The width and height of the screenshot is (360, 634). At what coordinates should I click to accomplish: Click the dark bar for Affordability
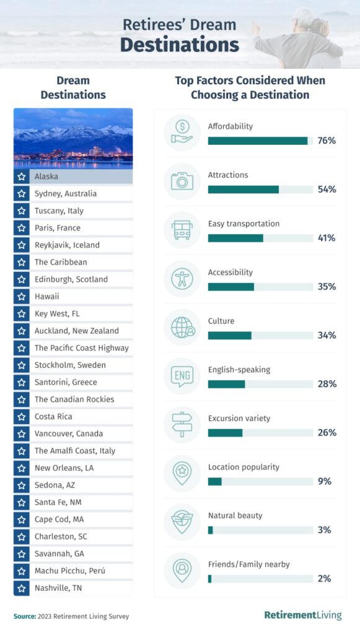[x=258, y=141]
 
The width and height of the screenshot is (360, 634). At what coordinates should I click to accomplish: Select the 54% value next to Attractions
[x=327, y=189]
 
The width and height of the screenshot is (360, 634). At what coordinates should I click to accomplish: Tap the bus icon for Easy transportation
[x=182, y=230]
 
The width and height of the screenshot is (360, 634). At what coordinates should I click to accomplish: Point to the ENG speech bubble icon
[x=182, y=376]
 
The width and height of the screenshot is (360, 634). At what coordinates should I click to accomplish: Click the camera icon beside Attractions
[x=182, y=181]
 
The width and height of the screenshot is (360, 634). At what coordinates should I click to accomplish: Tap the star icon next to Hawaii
[x=22, y=297]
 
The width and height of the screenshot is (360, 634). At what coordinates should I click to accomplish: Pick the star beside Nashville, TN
[x=22, y=588]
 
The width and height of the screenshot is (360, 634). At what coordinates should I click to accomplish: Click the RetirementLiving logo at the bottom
[x=302, y=615]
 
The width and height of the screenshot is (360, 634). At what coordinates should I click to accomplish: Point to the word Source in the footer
[x=24, y=616]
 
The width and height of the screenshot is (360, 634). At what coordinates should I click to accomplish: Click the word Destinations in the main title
[x=179, y=45]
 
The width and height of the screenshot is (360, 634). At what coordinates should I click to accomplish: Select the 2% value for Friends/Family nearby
[x=324, y=578]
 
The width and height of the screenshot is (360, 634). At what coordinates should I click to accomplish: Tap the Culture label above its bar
[x=221, y=321]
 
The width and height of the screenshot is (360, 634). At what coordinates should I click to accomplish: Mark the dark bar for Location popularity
[x=214, y=481]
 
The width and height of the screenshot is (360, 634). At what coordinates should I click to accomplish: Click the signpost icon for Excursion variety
[x=182, y=425]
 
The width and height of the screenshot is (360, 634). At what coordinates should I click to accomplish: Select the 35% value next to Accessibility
[x=327, y=287]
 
